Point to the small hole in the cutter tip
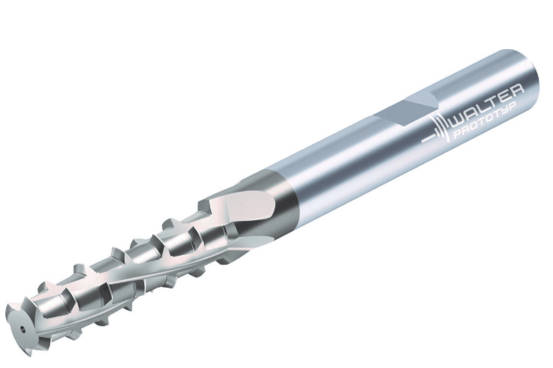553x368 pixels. (x=22, y=330)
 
